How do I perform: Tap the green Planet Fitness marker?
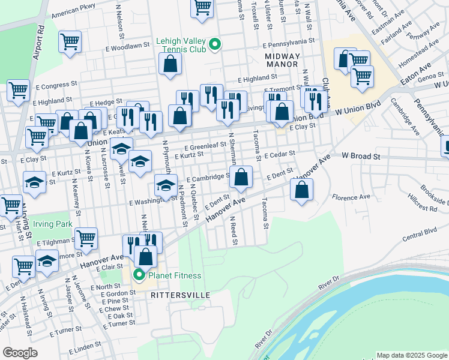coord(139,276)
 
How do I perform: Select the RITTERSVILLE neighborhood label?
coord(172,296)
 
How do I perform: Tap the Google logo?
coord(20,353)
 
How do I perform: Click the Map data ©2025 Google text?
coord(411,355)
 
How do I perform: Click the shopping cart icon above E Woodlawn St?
coord(70,42)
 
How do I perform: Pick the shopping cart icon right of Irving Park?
coord(86,238)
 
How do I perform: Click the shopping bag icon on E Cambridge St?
coord(241,177)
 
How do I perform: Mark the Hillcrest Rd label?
coord(425,208)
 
